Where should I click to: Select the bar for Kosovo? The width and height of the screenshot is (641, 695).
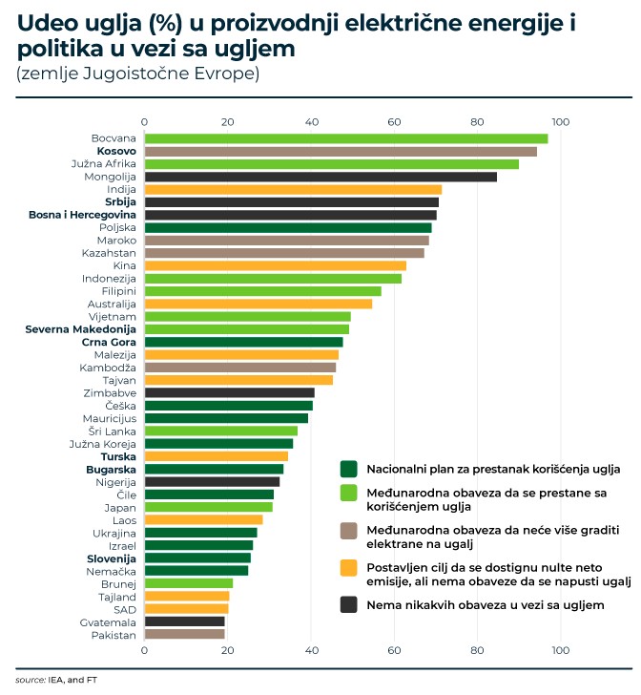[340, 151]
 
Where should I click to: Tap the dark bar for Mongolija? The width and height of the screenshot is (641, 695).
[320, 177]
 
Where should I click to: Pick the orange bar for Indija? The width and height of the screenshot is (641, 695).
[292, 189]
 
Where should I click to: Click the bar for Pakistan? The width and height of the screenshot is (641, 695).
[184, 634]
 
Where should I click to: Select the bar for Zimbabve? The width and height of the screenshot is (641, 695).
[229, 392]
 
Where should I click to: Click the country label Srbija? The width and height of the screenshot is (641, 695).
[120, 202]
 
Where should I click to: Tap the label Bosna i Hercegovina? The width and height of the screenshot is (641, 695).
[82, 215]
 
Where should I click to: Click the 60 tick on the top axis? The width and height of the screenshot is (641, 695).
[395, 122]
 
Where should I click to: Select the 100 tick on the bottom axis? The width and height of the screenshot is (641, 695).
[560, 650]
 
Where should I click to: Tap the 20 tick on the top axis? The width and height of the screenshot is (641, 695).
[227, 122]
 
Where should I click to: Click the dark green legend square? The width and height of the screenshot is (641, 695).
[349, 469]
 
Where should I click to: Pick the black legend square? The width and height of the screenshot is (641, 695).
[349, 605]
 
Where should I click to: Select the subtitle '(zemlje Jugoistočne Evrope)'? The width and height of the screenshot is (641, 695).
[137, 74]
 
